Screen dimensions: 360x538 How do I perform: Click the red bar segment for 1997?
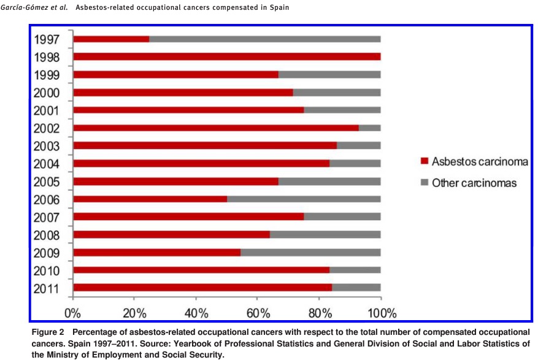click(111, 39)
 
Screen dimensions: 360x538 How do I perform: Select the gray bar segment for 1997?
click(264, 39)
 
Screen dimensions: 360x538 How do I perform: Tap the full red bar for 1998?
click(226, 57)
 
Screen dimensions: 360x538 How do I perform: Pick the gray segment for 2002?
click(369, 128)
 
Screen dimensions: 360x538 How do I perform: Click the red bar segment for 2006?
click(150, 199)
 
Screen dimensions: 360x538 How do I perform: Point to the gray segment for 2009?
click(310, 253)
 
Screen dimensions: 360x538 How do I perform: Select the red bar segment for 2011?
click(202, 288)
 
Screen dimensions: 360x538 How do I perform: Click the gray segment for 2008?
click(325, 235)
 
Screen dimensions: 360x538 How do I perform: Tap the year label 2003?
click(47, 147)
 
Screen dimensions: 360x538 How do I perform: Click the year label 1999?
click(47, 75)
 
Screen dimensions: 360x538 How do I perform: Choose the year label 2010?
click(47, 271)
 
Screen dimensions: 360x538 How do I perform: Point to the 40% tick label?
click(196, 313)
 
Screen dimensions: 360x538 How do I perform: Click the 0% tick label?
click(73, 313)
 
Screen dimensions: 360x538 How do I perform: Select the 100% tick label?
click(381, 313)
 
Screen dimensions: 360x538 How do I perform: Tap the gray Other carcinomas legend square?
click(423, 183)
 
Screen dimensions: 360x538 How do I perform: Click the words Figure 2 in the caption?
click(47, 332)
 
